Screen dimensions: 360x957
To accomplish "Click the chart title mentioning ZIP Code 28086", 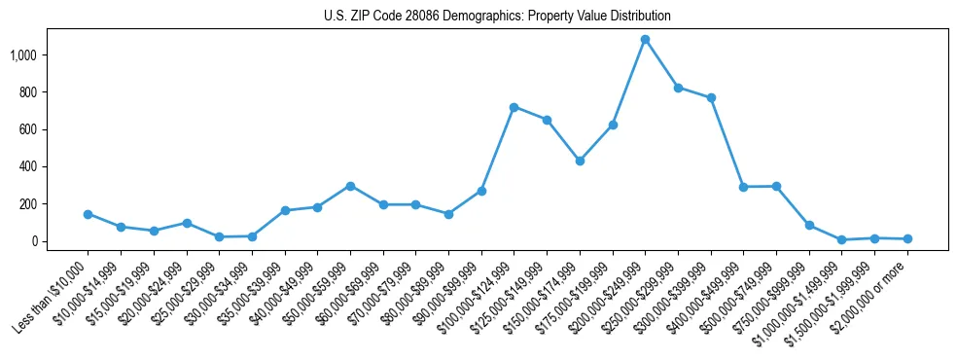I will [497, 17].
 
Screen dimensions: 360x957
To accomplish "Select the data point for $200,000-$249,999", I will [645, 40].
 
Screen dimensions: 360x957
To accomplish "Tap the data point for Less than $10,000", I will [88, 214].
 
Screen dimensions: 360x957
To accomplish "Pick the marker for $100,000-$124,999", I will [514, 107].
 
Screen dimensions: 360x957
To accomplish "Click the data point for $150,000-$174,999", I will [580, 161].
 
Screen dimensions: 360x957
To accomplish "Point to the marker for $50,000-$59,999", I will [350, 186].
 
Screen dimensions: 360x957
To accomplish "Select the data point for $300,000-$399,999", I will [711, 97].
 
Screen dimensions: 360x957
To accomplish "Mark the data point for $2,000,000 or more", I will [907, 238].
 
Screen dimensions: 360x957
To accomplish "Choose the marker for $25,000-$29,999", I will [219, 236].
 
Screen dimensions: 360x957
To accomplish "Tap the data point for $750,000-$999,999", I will [809, 225].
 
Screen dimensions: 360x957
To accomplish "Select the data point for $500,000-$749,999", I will [776, 186].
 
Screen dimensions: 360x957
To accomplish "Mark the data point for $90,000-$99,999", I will [481, 191].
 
